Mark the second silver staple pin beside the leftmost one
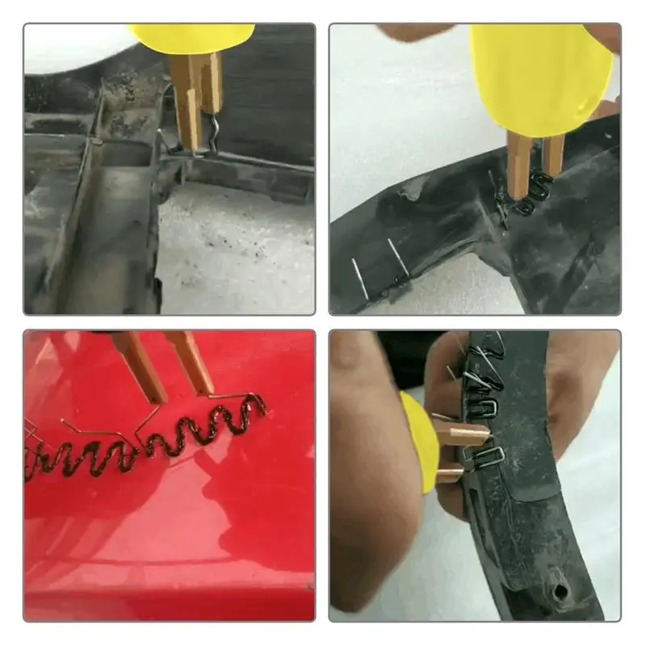[394, 258]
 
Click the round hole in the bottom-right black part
[559, 594]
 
